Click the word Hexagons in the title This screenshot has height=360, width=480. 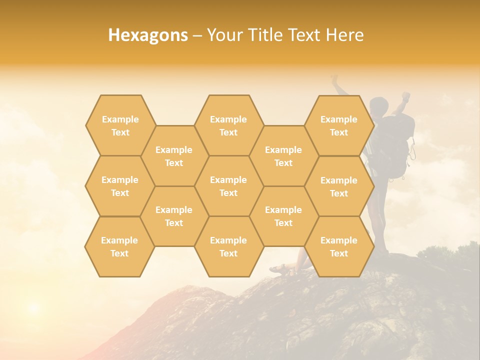tap(148, 35)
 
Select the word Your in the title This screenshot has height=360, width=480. tap(222, 35)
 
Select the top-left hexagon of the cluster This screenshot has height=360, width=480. tap(120, 125)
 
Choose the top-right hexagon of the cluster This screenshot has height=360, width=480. tap(339, 125)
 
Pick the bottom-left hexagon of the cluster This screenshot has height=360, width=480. tap(119, 246)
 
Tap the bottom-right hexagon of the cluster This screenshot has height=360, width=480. tap(339, 246)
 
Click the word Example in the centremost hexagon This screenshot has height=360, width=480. tap(228, 180)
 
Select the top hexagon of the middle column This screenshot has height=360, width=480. tap(228, 125)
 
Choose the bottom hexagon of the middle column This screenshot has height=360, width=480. tap(228, 246)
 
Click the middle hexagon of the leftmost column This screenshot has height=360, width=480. tap(120, 186)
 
